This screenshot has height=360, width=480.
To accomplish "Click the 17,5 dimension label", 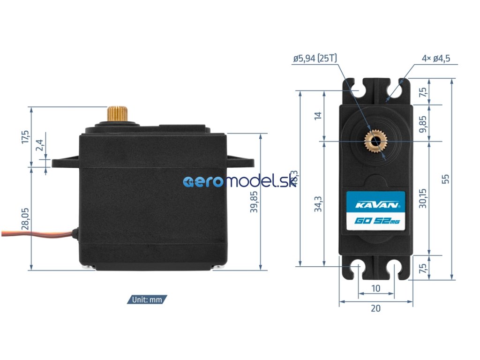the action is [25, 137].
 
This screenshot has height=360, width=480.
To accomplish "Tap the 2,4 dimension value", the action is [40, 146].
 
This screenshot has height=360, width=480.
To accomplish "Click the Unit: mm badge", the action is [147, 300].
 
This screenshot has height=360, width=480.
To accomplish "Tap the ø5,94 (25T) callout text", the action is [315, 59].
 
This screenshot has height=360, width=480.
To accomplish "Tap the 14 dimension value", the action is [318, 115].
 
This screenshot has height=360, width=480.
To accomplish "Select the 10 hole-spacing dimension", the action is [376, 289].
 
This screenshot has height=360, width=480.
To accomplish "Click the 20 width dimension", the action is [376, 308].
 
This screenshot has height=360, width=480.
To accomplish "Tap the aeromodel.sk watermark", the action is [240, 182].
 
